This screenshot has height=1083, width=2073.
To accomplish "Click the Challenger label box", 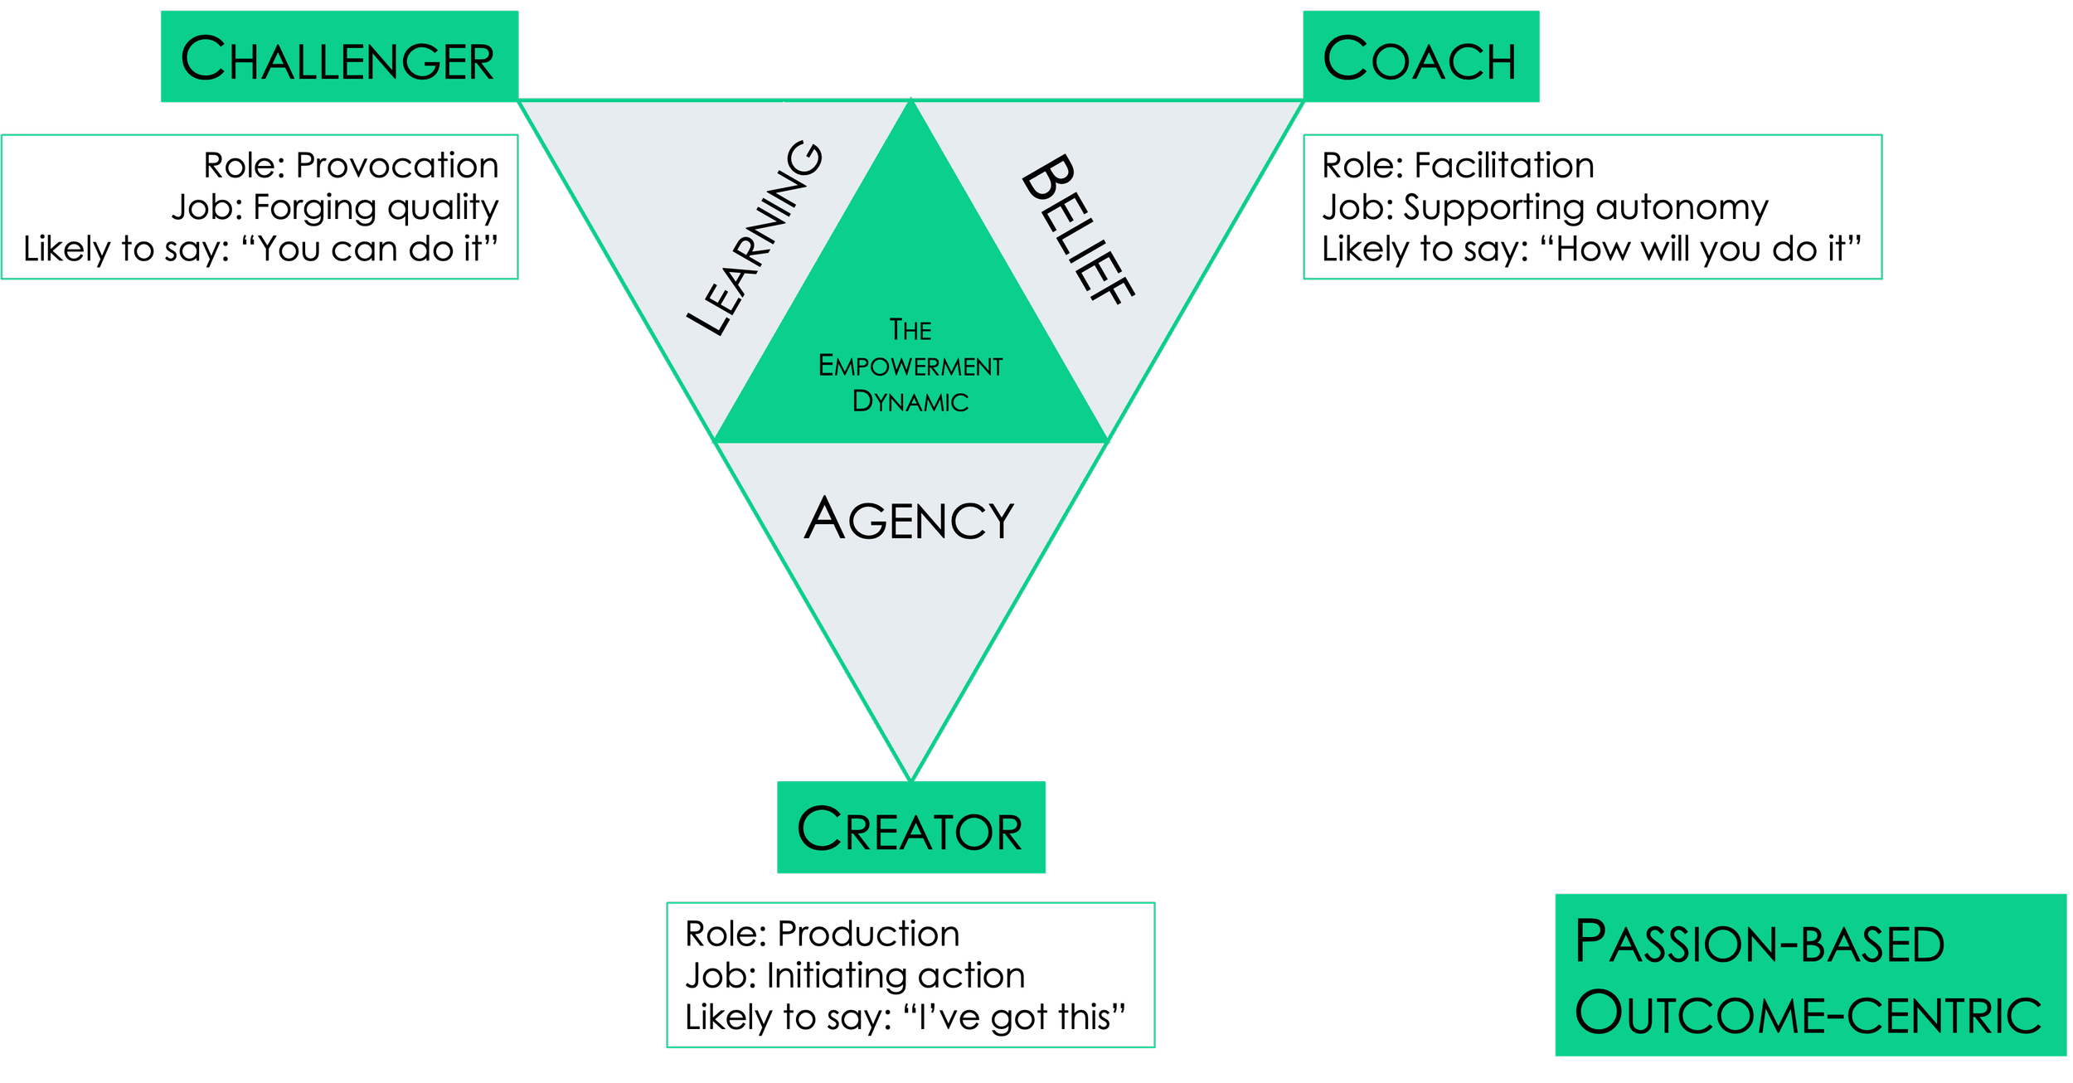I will point(339,56).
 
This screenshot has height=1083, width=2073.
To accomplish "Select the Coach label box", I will point(1420,56).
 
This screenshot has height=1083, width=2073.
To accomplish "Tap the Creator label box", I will point(910,828).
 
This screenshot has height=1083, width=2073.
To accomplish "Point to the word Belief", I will point(1077,230).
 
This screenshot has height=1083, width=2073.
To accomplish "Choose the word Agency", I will point(909,519).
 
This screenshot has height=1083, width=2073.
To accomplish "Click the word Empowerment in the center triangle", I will point(910,366).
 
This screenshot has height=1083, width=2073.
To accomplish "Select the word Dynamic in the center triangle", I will point(910,401).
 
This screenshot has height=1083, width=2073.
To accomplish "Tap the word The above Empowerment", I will point(910,330).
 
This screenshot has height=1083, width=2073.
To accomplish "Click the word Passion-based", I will point(1759,943).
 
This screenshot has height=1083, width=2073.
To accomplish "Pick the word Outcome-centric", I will point(1808,1013).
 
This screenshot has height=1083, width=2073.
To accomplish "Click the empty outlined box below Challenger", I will point(260,207).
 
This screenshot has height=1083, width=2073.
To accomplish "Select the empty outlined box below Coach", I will point(1593,207).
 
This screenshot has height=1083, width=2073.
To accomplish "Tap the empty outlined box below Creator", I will point(910,975).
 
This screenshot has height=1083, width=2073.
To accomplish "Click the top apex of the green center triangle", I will point(910,102).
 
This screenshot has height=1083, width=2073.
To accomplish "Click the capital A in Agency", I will point(824,518).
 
